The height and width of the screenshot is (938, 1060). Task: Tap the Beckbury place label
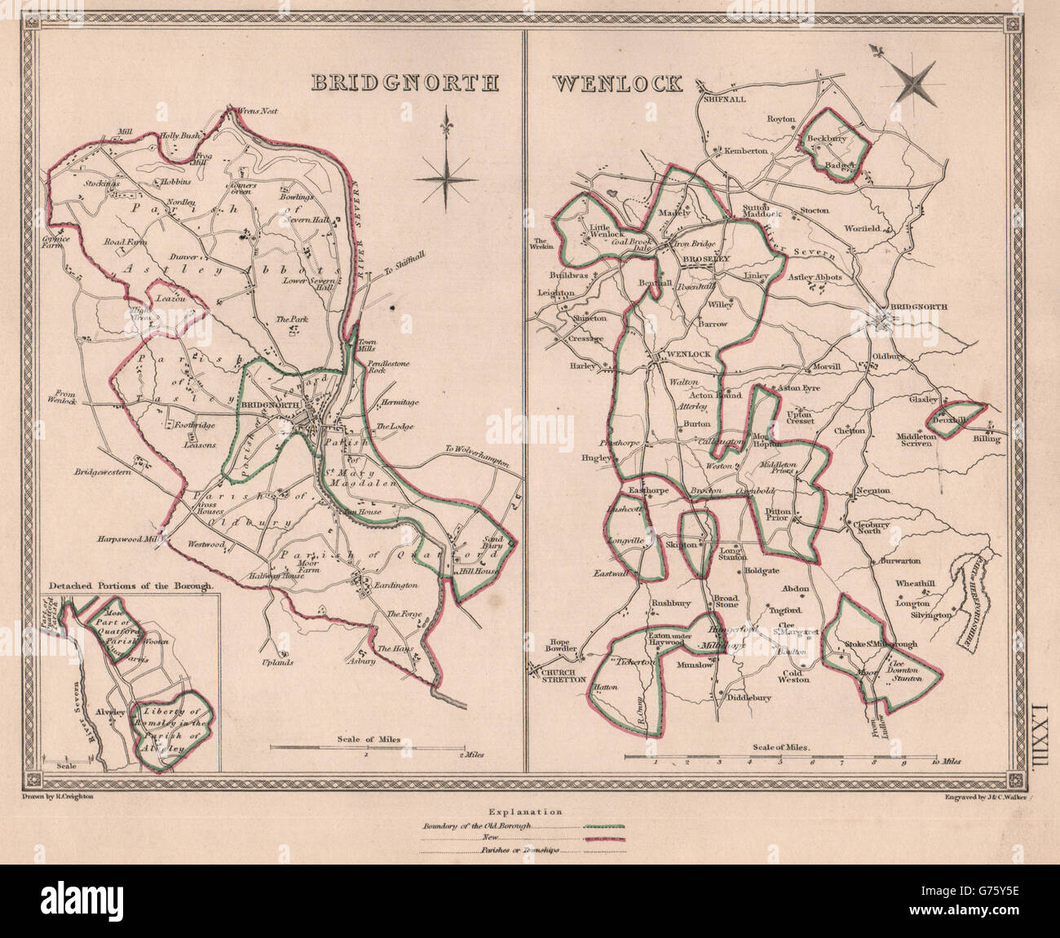tap(822, 139)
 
